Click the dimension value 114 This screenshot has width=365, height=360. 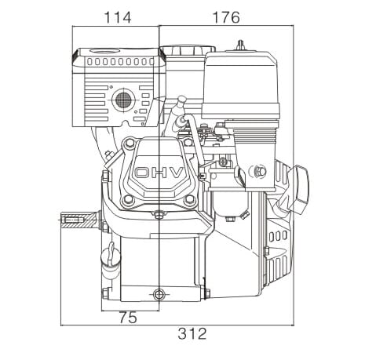[118, 18]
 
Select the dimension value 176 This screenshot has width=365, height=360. [226, 18]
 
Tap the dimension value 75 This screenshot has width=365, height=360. [128, 318]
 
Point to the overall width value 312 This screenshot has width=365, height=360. [192, 333]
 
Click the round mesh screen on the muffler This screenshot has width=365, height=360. [123, 100]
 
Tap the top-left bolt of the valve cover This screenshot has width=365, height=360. [129, 143]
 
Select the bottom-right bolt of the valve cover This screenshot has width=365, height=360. [188, 200]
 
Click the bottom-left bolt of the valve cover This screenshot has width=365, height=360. [128, 200]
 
